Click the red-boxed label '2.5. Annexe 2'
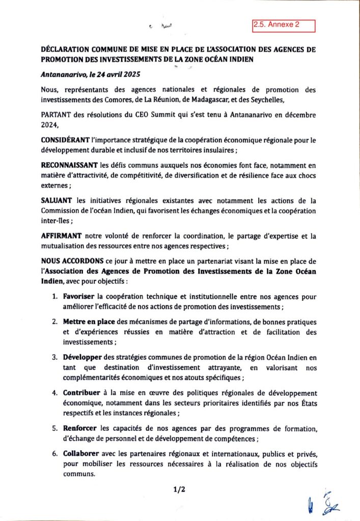coord(284,24)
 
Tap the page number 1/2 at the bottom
coord(179,490)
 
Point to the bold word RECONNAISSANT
coord(66,165)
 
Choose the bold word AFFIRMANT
coord(59,236)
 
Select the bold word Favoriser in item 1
coord(79,296)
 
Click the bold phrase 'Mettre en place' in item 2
coord(88,322)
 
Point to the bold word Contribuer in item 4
coord(82,393)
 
